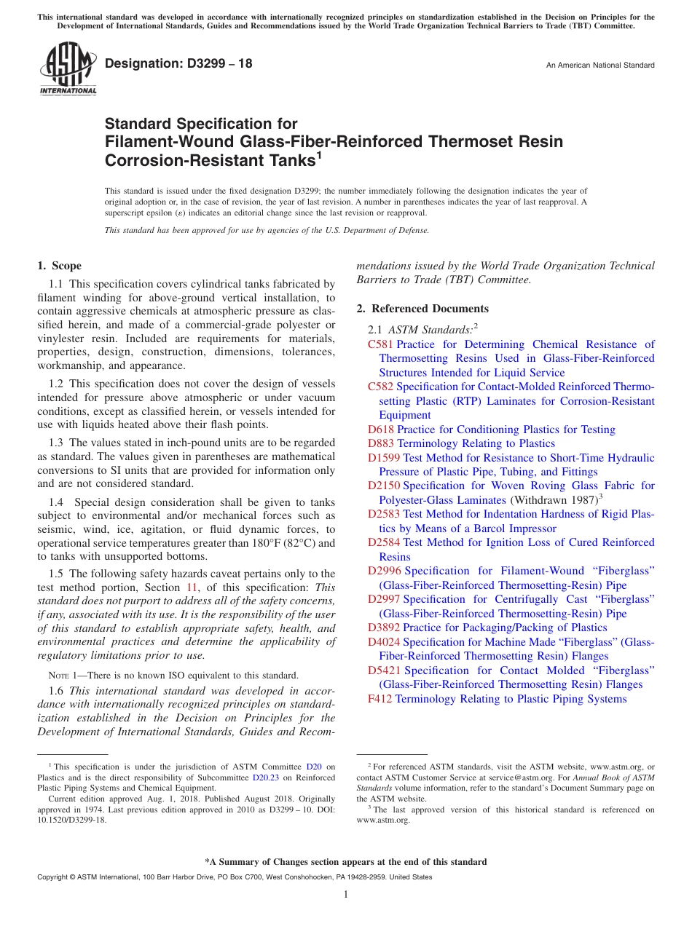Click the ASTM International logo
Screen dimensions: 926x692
tap(68, 71)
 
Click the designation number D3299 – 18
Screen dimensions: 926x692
tap(178, 64)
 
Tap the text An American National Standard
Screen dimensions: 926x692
tap(600, 66)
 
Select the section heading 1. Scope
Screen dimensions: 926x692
tap(59, 266)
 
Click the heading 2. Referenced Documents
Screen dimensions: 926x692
tap(422, 309)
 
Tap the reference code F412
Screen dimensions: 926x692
tap(380, 699)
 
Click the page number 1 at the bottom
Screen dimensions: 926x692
tap(346, 894)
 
